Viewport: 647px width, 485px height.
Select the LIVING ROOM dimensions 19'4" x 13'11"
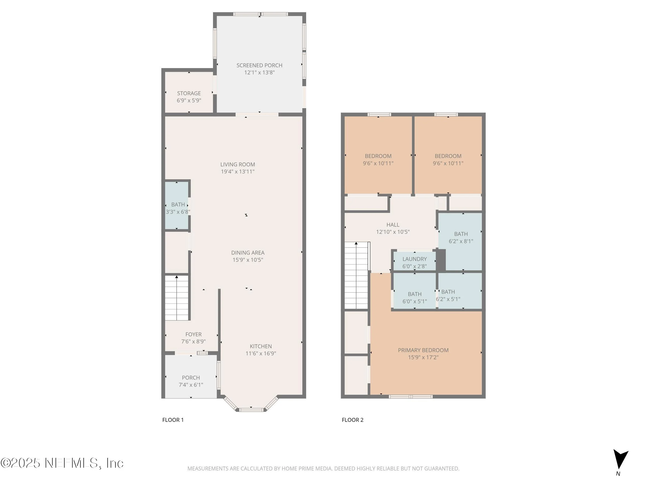(x=238, y=171)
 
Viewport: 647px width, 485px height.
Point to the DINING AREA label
(x=248, y=252)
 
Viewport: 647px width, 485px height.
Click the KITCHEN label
(x=261, y=346)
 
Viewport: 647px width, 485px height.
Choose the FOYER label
(x=193, y=334)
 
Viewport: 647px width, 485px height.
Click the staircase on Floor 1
(x=177, y=298)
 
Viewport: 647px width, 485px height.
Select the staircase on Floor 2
(x=356, y=275)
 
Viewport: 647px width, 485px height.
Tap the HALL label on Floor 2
(x=393, y=225)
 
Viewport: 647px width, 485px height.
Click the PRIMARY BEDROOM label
(x=423, y=350)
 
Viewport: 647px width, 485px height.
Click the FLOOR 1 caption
(x=173, y=420)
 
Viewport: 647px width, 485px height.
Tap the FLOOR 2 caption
(x=352, y=420)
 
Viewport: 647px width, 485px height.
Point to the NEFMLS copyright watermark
(x=62, y=463)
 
